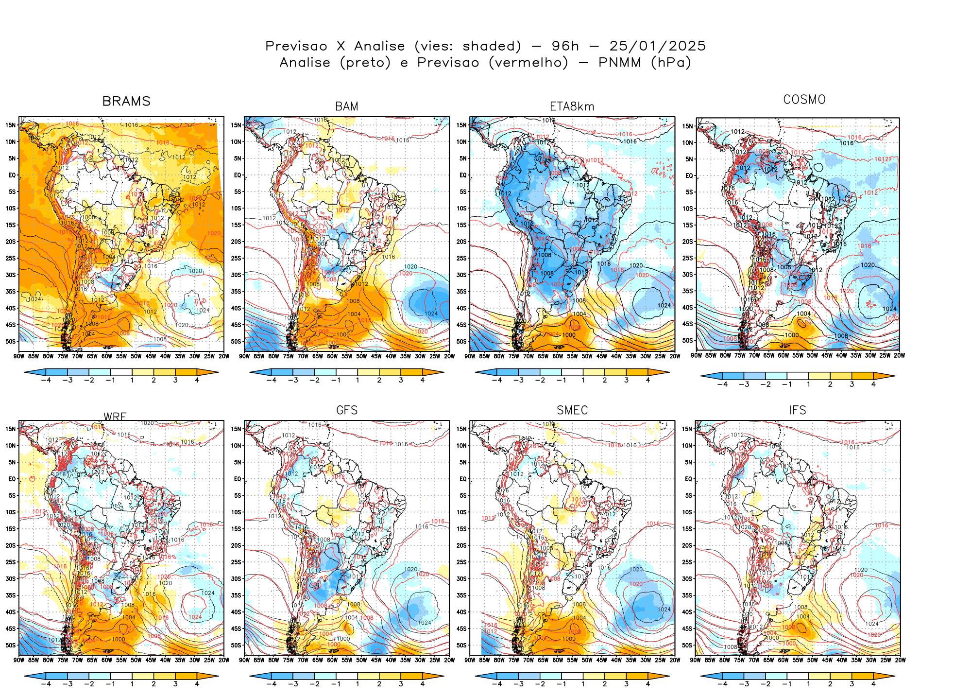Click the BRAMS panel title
coord(126,101)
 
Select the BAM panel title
coord(346,106)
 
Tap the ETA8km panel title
coord(572,106)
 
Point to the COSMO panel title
coord(804,100)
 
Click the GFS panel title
coord(346,410)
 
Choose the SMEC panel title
coord(572,410)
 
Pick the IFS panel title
coord(797,410)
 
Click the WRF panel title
coord(115,417)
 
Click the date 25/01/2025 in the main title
coord(657,46)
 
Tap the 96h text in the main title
coord(565,46)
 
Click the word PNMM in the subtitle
coord(619,63)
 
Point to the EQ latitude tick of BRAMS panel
coord(12,175)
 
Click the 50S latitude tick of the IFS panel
coord(687,646)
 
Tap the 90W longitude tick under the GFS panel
coord(244,660)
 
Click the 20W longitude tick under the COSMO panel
coord(899,355)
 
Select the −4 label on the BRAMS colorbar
coord(46,381)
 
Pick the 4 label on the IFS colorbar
coord(873,684)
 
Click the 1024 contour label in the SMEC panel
coord(664,610)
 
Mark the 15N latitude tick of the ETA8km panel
coord(461,125)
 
